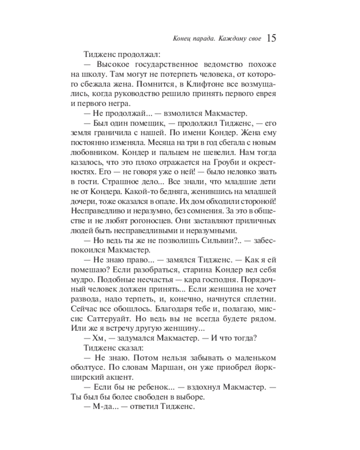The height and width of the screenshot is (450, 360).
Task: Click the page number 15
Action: (x=271, y=38)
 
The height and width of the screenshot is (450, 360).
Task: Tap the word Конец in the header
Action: (x=182, y=39)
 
